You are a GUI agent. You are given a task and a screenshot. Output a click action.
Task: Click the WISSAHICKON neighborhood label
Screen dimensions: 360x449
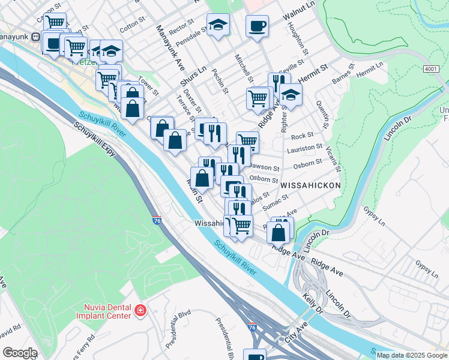310,185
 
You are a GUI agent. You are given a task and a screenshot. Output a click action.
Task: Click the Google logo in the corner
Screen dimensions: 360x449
20,353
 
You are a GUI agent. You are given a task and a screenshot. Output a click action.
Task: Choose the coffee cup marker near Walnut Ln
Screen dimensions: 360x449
257,26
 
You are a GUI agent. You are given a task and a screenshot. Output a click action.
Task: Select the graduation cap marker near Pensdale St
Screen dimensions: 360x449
218,25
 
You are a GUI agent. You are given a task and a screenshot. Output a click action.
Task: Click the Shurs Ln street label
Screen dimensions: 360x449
194,76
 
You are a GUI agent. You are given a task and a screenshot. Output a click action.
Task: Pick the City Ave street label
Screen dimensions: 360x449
296,331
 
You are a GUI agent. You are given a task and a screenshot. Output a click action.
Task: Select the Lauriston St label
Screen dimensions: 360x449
306,146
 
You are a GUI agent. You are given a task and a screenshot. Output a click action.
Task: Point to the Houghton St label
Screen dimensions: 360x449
298,38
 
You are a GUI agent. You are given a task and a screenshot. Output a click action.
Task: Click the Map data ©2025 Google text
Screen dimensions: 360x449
411,355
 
